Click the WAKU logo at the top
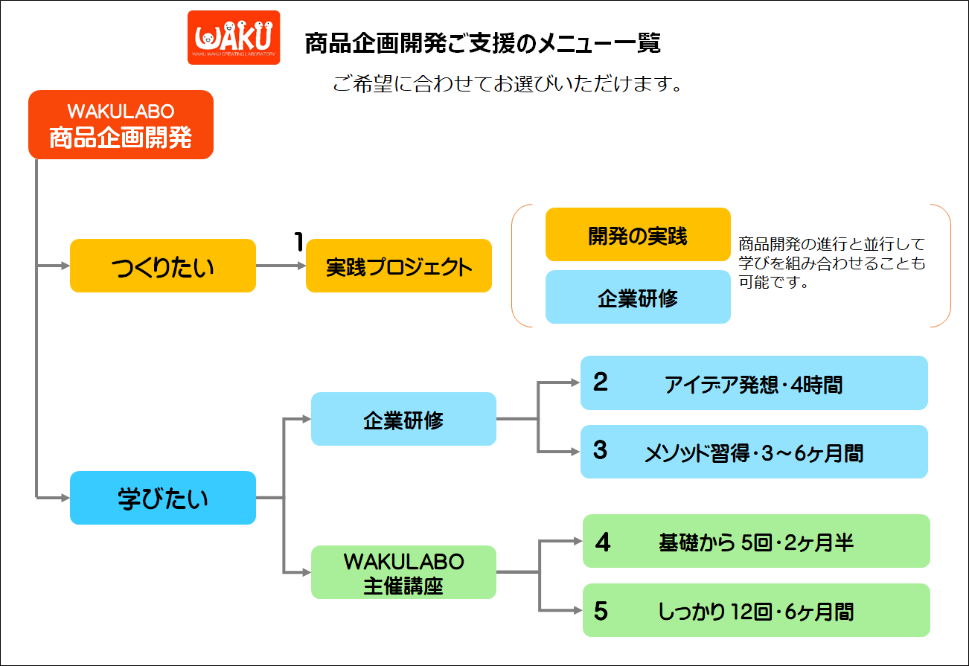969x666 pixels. (x=234, y=38)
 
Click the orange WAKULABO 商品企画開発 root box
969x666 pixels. (x=121, y=124)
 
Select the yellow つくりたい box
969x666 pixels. (x=163, y=266)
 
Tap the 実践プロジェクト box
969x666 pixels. (x=399, y=266)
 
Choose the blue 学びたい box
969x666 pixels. (x=163, y=498)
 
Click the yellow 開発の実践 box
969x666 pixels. (x=638, y=234)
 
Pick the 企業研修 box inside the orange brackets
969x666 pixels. (x=638, y=297)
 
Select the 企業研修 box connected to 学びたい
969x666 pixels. (x=403, y=419)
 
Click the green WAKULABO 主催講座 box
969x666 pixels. (x=403, y=572)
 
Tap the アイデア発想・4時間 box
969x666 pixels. (x=754, y=382)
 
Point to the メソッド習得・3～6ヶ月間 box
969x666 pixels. (x=754, y=452)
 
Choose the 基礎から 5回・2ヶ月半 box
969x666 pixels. (x=756, y=541)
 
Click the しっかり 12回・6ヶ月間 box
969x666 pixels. (x=756, y=610)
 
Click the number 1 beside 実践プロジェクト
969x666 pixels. (x=298, y=241)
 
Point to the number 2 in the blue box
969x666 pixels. (x=601, y=382)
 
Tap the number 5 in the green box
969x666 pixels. (x=601, y=611)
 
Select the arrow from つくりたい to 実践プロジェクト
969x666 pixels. (x=281, y=266)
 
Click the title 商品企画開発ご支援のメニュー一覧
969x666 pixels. (x=483, y=43)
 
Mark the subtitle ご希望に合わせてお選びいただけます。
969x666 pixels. (x=508, y=84)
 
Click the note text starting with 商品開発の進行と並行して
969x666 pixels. (x=831, y=263)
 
